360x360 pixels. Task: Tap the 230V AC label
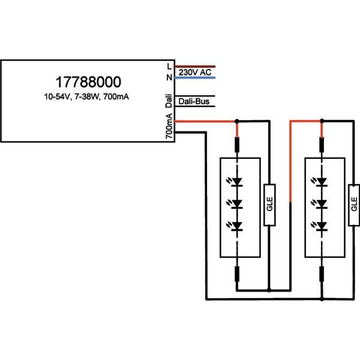[195, 73]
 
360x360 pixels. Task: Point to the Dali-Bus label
[194, 102]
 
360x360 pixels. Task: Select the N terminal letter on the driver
[170, 78]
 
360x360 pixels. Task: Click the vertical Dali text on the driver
[169, 101]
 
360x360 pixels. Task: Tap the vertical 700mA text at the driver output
[170, 127]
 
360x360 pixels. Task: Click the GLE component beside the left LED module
[268, 203]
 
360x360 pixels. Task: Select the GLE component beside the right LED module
[353, 203]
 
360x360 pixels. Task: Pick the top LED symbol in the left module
[238, 181]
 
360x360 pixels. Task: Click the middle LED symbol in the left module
[238, 203]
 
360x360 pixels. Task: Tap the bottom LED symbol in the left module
[238, 226]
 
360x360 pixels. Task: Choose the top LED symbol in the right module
[322, 181]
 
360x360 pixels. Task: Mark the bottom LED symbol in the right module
[322, 226]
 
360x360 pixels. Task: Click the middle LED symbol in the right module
[322, 203]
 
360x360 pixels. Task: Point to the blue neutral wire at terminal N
[195, 78]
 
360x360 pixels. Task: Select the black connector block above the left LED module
[238, 145]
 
